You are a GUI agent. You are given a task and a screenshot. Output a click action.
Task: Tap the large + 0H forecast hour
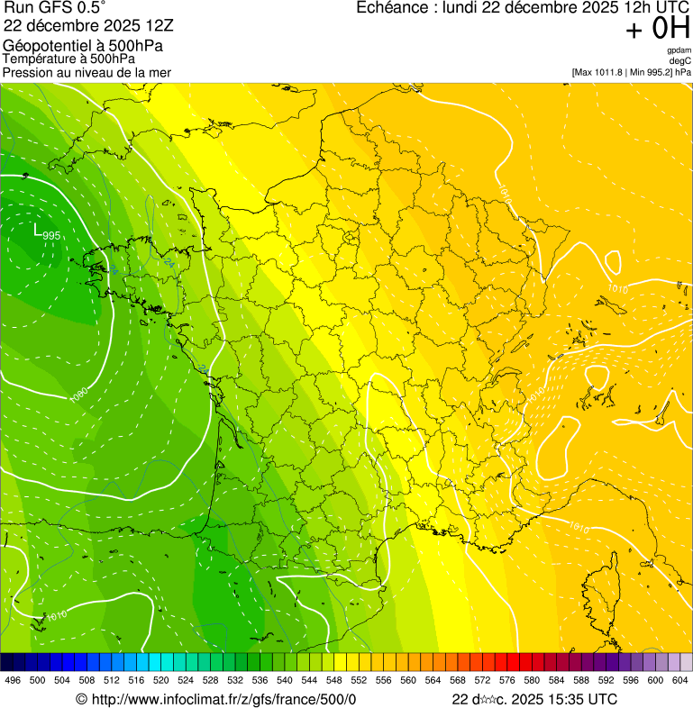click(657, 30)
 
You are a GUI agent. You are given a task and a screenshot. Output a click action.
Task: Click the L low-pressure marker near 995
click(37, 231)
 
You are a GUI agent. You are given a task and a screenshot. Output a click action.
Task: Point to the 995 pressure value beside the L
click(51, 236)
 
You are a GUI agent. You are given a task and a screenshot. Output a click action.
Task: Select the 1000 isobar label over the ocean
click(78, 395)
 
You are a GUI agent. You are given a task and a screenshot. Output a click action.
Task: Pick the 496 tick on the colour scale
click(13, 680)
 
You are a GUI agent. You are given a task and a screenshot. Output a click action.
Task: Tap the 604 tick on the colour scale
click(680, 680)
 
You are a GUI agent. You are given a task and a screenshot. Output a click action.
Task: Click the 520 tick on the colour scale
click(161, 680)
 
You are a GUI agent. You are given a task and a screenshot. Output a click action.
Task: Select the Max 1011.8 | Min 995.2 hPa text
click(631, 71)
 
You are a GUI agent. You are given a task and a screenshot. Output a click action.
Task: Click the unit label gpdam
click(679, 50)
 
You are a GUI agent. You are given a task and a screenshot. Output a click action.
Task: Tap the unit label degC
click(680, 60)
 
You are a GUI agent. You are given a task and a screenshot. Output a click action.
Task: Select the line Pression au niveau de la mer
click(87, 72)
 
